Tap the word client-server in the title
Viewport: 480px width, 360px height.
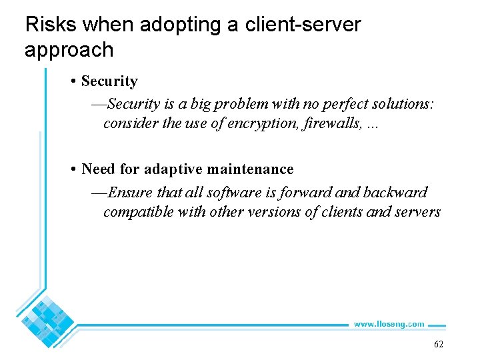pos(303,25)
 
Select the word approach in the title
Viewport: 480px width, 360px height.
pos(69,49)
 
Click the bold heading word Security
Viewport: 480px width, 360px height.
pos(109,81)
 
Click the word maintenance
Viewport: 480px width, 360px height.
pos(252,169)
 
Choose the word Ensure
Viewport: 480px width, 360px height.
pos(130,192)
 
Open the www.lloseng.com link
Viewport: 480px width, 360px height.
pos(389,324)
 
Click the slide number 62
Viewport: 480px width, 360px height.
pos(438,344)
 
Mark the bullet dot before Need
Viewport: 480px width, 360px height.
pos(73,170)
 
